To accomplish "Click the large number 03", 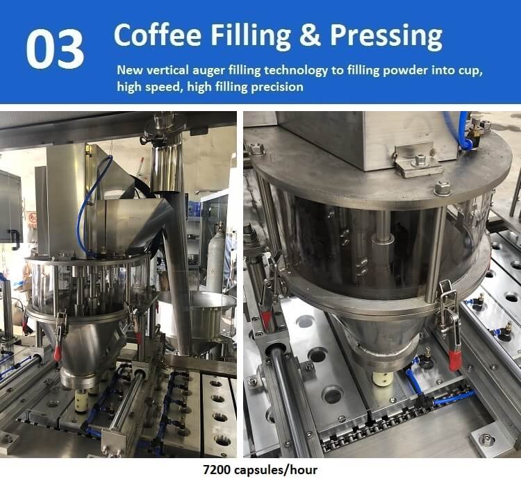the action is click(x=55, y=49).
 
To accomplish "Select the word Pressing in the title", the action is click(x=386, y=37).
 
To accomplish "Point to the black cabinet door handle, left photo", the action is click(x=15, y=239).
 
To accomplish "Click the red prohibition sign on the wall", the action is click(x=33, y=219).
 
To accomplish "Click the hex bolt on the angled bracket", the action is click(x=420, y=160).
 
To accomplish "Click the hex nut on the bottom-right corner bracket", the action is click(x=487, y=440).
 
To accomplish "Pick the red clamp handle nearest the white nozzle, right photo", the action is click(x=455, y=361).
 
